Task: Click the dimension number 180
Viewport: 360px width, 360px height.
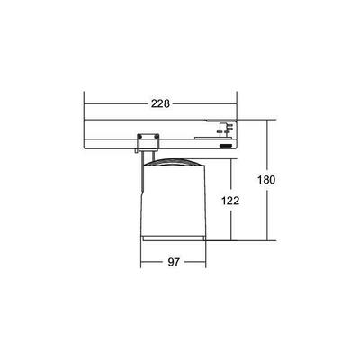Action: pyautogui.click(x=265, y=179)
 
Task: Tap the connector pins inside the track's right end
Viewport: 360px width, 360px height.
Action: pyautogui.click(x=225, y=126)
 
